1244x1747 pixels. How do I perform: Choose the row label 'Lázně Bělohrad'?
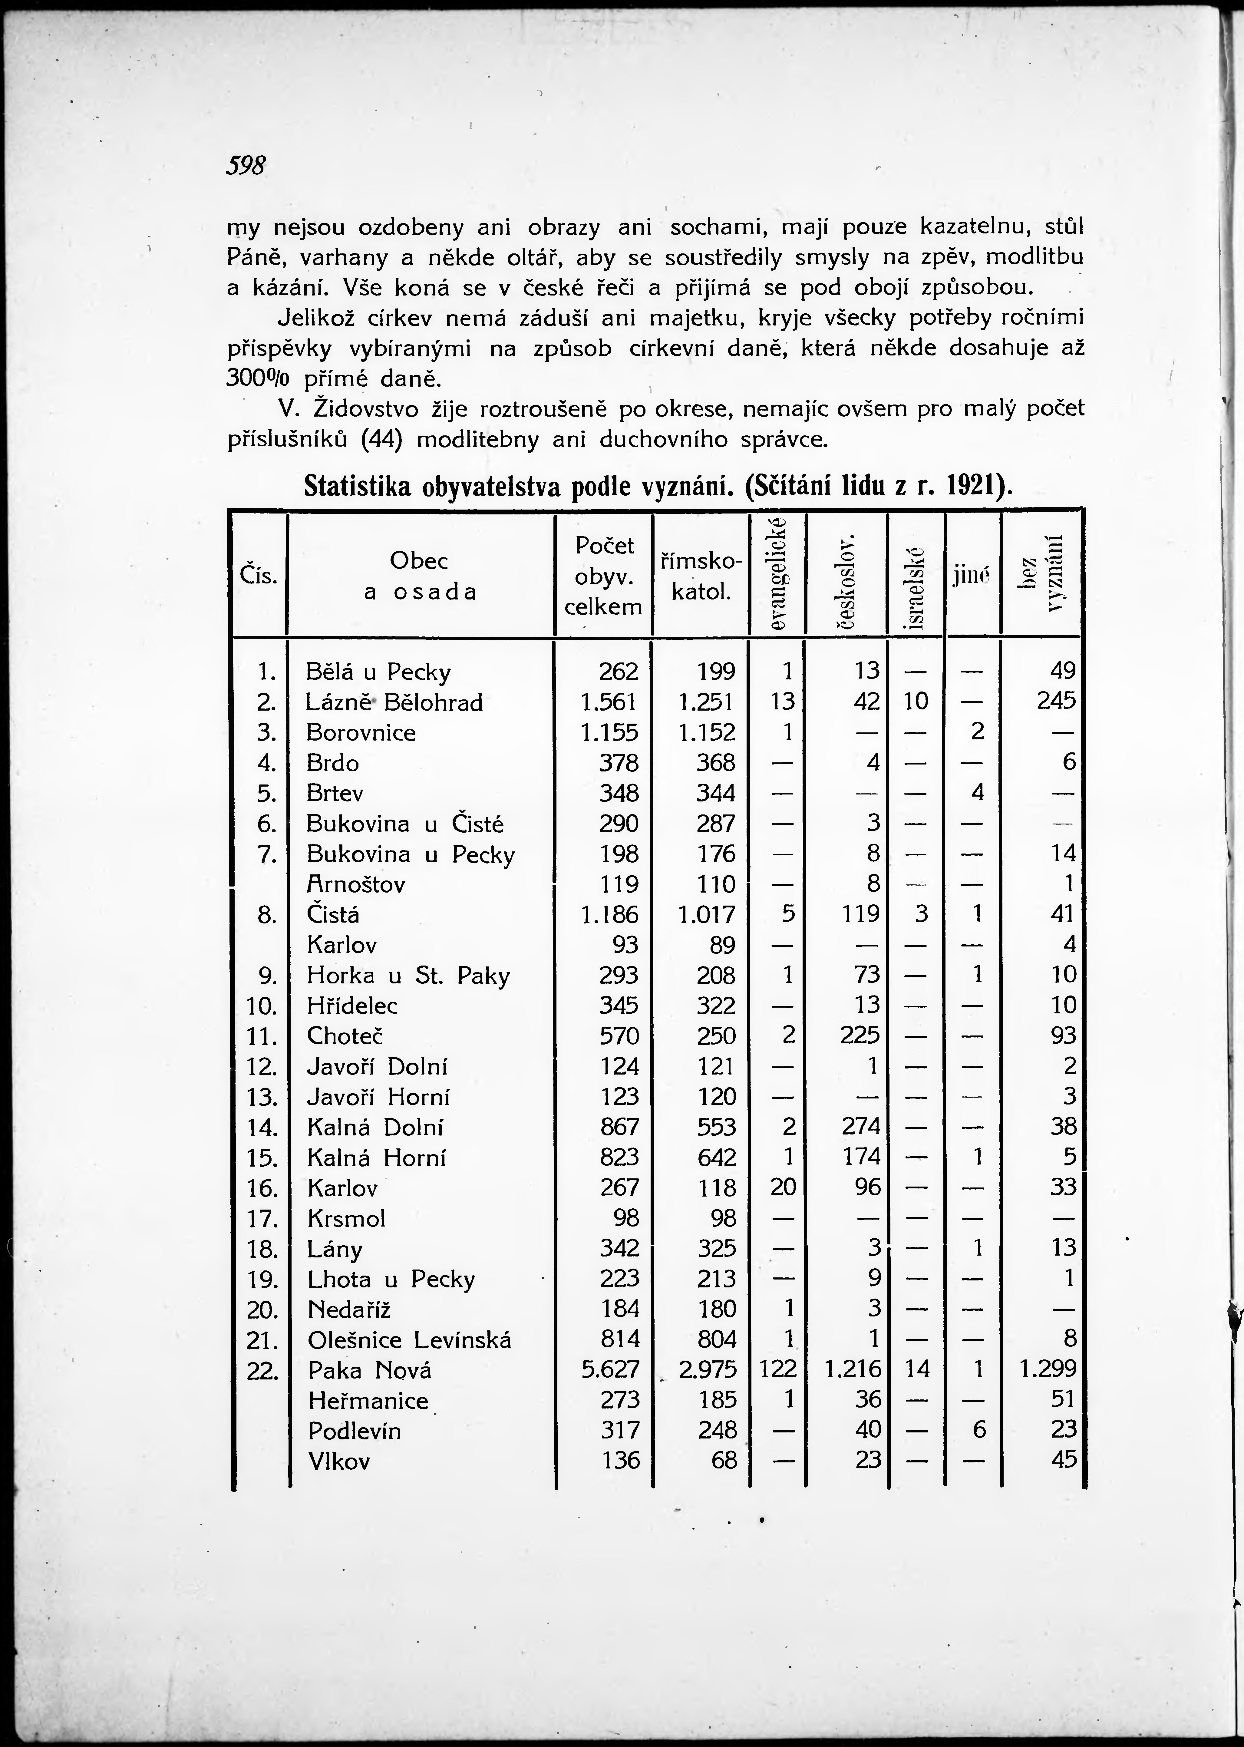coord(394,702)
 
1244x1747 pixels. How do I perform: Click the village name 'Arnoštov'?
coord(355,885)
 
